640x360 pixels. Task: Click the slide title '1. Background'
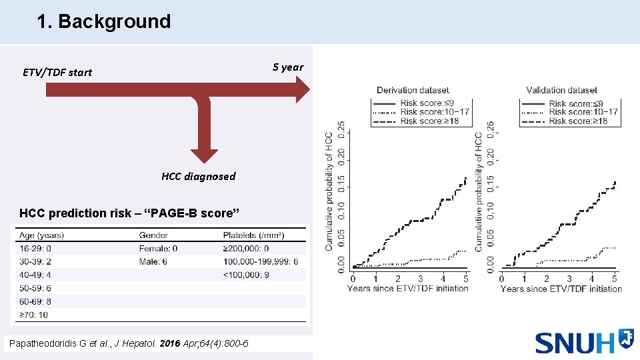click(x=104, y=21)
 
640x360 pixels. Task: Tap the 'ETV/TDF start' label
click(x=57, y=72)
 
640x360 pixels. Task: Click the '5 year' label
click(x=288, y=67)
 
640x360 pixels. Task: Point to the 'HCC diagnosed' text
click(x=198, y=176)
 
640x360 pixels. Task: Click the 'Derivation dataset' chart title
click(x=413, y=90)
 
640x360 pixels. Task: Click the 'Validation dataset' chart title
click(x=561, y=90)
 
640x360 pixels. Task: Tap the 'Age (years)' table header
click(x=42, y=235)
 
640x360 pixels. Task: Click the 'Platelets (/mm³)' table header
click(x=254, y=235)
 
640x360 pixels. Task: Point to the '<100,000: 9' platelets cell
click(x=247, y=275)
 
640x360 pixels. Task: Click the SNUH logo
click(x=584, y=341)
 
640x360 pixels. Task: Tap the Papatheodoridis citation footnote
click(x=127, y=343)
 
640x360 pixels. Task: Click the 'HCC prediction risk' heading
click(x=129, y=213)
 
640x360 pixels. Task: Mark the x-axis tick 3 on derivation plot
click(x=421, y=278)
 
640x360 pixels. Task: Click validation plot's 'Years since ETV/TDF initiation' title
click(x=561, y=289)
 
